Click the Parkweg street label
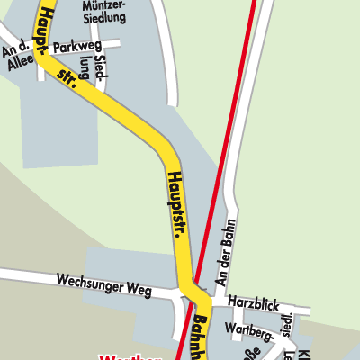[x=74, y=46]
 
